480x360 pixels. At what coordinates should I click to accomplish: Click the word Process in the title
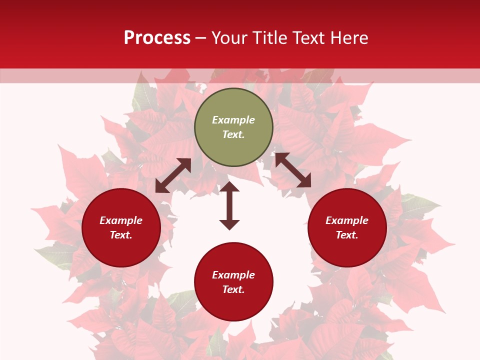pyautogui.click(x=157, y=38)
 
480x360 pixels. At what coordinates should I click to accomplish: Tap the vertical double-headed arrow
pyautogui.click(x=229, y=205)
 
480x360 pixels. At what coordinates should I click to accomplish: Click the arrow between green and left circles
pyautogui.click(x=173, y=175)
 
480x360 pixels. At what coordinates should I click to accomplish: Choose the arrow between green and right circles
pyautogui.click(x=293, y=170)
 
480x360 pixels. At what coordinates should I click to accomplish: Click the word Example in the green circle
pyautogui.click(x=233, y=120)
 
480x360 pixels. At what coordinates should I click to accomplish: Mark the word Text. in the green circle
pyautogui.click(x=233, y=134)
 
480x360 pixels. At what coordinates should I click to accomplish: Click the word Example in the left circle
pyautogui.click(x=121, y=220)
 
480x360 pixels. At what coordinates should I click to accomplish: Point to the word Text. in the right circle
pyautogui.click(x=347, y=235)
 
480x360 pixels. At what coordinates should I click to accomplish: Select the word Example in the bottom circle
pyautogui.click(x=233, y=275)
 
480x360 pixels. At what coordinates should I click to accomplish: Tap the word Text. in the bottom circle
pyautogui.click(x=233, y=289)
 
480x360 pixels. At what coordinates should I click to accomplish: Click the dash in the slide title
pyautogui.click(x=201, y=38)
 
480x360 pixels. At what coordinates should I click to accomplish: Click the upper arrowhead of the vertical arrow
pyautogui.click(x=229, y=186)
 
